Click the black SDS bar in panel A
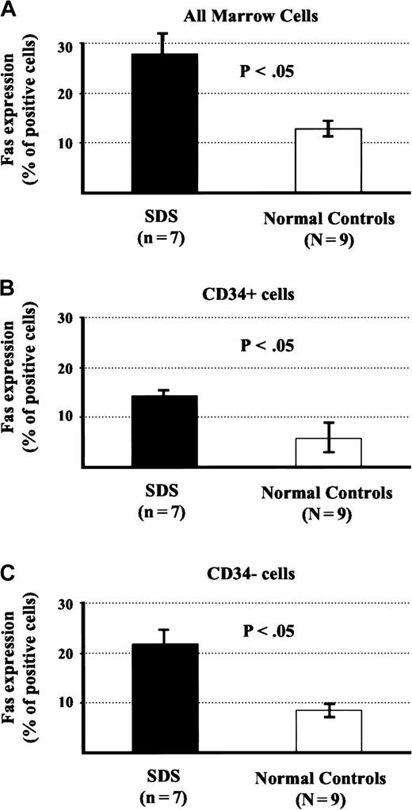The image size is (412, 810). tap(165, 123)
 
